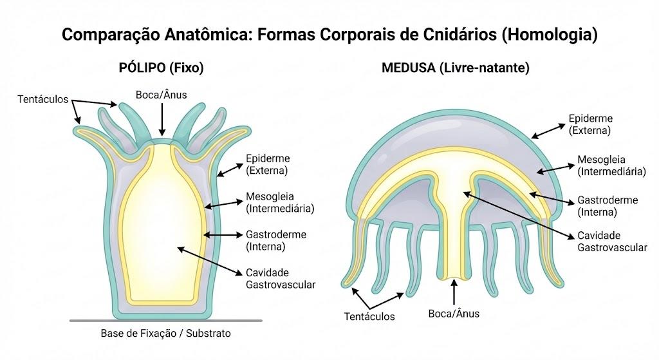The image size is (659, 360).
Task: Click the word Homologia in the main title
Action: point(550,34)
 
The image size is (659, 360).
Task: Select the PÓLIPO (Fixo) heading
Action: point(162,68)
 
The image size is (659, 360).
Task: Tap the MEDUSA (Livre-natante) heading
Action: point(456,68)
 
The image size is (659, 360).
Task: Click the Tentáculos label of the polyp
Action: point(43,99)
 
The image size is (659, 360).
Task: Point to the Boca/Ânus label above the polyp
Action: point(162,95)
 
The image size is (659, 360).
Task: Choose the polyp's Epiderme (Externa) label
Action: point(268,164)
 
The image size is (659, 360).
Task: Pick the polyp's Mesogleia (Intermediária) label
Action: point(280,202)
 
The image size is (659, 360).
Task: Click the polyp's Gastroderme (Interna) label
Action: point(275,240)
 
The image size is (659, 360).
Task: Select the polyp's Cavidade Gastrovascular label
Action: point(281,278)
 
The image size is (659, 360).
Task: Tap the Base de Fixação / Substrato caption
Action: point(165,334)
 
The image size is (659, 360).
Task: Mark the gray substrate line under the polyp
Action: point(165,321)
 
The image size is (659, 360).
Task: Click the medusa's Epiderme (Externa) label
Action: point(591,124)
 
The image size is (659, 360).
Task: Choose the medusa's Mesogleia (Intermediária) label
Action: point(611,166)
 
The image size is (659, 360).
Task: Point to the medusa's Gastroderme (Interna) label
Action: point(608,205)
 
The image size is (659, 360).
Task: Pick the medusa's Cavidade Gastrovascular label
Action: point(612,242)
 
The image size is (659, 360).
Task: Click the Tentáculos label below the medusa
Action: point(369,317)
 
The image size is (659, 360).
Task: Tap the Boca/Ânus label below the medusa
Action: point(454,314)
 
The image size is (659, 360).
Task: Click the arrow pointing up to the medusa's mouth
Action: point(454,292)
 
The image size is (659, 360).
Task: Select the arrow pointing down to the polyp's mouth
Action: point(162,119)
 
